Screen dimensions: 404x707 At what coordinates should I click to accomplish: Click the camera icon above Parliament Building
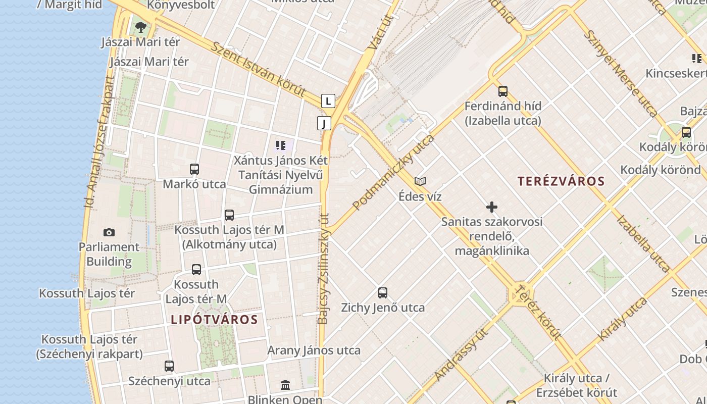[109, 232]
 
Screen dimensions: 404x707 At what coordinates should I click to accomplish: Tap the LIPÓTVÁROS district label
[214, 319]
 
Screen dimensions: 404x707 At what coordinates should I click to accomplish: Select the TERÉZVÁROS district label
[561, 181]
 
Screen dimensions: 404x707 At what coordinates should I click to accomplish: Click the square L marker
[328, 101]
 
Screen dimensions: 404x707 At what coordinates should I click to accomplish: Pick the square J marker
[324, 123]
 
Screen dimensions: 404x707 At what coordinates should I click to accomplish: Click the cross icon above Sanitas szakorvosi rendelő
[491, 207]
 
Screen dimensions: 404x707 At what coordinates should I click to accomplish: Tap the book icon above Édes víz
[420, 181]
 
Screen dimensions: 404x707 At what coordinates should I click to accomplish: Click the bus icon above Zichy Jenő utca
[383, 292]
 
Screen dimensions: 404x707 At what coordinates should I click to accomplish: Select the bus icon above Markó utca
[194, 169]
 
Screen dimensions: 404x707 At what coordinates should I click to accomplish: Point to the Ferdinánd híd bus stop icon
[503, 91]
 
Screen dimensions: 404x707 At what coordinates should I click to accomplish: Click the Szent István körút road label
[258, 69]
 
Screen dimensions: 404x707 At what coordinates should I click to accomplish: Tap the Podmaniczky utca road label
[393, 173]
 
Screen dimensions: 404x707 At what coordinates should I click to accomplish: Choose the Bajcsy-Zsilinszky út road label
[323, 268]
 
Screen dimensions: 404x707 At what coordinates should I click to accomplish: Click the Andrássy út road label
[462, 355]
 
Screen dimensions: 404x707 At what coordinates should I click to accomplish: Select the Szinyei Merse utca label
[621, 74]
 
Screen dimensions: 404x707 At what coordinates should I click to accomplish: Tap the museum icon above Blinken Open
[285, 385]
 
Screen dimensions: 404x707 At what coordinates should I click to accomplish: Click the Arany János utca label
[314, 350]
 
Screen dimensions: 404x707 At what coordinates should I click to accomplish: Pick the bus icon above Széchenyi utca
[169, 366]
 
